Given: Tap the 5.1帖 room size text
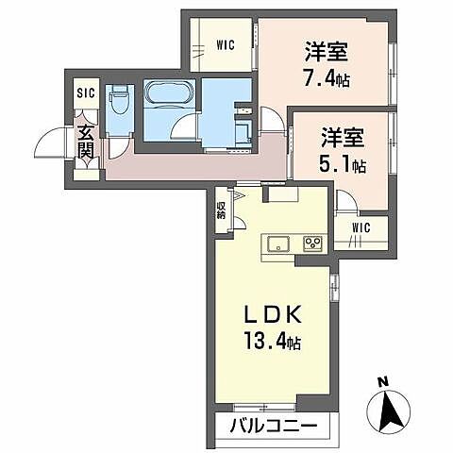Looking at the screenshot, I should point(343,165).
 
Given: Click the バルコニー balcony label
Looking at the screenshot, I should point(273,427).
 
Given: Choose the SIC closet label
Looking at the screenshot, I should point(86,94).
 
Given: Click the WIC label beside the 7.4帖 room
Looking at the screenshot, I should point(225,43).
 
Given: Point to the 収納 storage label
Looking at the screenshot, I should point(221,210).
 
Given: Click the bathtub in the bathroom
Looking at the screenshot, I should point(170,94).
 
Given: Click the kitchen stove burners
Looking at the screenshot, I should point(312,244).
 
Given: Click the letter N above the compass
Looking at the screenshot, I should point(382,382).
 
